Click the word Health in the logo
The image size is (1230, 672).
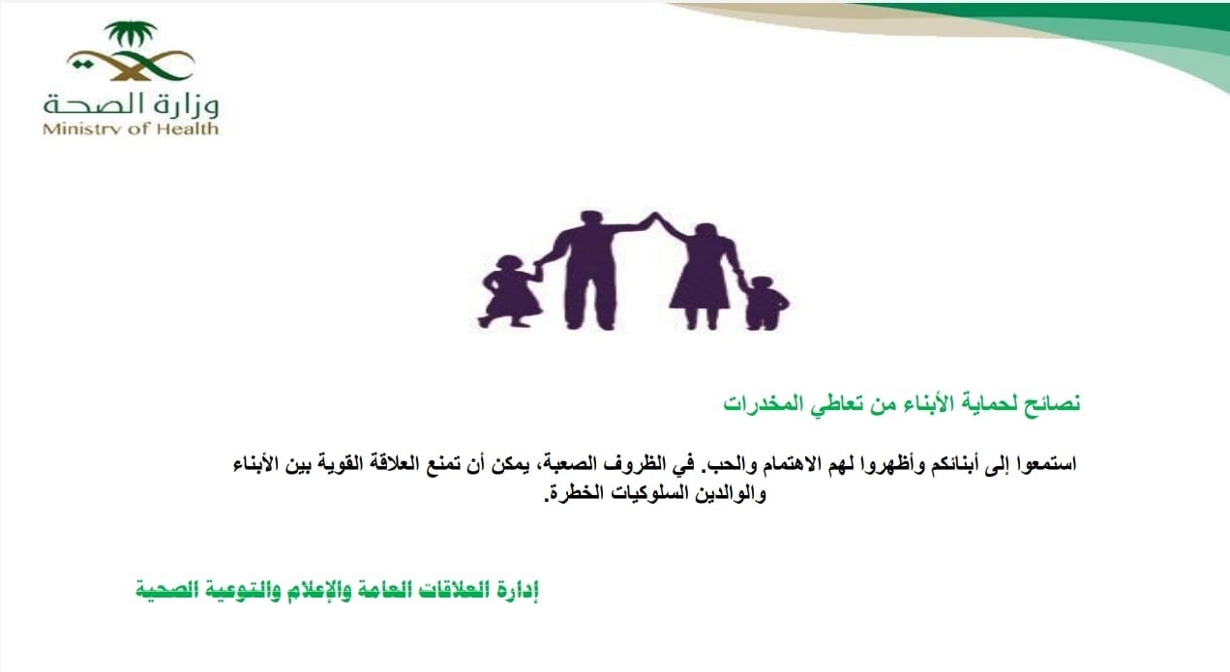tap(189, 129)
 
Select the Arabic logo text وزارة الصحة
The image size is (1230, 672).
tap(132, 104)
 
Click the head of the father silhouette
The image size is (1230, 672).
tap(590, 220)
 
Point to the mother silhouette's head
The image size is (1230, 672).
tap(705, 233)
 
